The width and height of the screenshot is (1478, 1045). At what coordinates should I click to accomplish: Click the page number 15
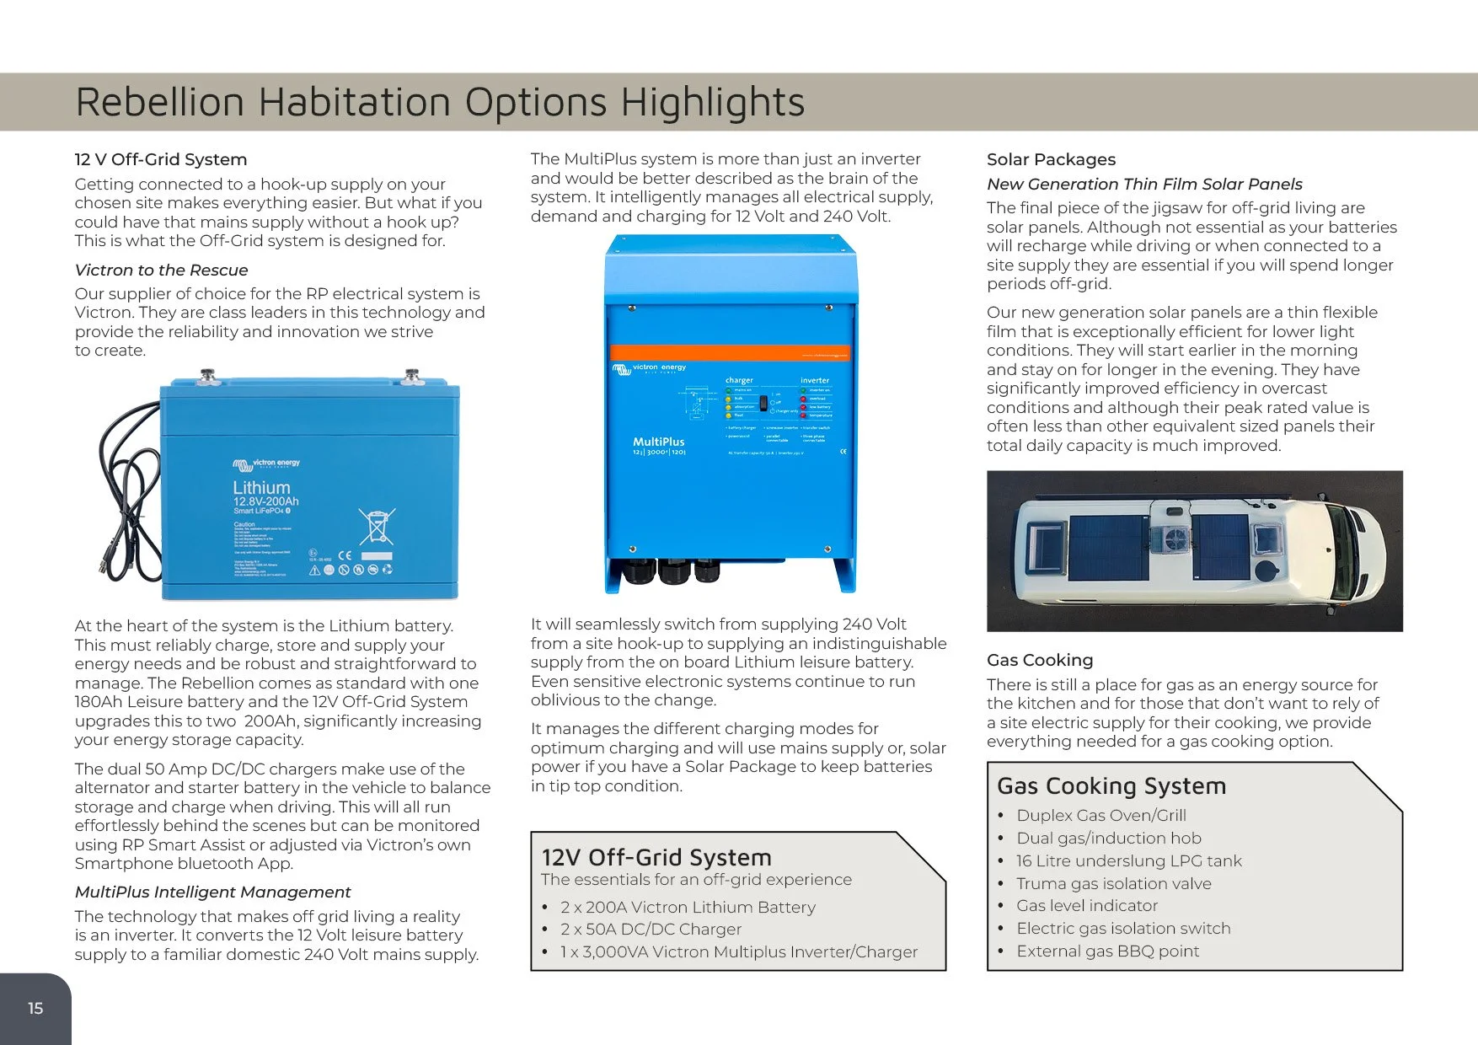click(x=35, y=1008)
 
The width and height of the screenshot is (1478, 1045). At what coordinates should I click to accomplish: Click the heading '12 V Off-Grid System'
click(x=161, y=159)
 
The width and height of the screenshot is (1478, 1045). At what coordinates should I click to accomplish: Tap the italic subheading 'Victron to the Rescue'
click(x=161, y=270)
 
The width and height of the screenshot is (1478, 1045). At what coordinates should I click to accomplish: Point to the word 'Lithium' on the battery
click(x=261, y=488)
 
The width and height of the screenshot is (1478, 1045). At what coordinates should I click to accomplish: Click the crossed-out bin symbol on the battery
click(x=376, y=527)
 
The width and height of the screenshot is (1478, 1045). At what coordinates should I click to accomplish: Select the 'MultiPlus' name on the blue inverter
click(x=658, y=442)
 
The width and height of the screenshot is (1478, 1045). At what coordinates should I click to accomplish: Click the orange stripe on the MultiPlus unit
click(x=730, y=352)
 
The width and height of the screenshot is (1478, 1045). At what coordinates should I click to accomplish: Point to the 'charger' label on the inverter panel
click(x=739, y=380)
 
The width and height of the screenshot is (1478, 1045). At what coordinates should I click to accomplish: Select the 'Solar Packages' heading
click(x=1051, y=159)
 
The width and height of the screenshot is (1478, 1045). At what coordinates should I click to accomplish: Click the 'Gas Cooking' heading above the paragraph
click(x=1040, y=660)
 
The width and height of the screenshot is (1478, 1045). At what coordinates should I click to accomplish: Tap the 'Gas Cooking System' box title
click(x=1111, y=786)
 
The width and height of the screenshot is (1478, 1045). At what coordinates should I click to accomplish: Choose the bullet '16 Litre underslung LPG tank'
click(x=1128, y=860)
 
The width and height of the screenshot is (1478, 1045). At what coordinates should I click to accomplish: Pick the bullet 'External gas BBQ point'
click(x=1107, y=951)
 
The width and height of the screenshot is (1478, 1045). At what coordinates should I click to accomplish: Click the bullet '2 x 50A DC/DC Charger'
click(x=651, y=929)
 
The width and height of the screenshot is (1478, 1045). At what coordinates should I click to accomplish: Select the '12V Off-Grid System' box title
click(x=656, y=858)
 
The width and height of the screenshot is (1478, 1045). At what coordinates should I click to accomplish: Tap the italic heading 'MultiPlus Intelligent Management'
click(x=212, y=892)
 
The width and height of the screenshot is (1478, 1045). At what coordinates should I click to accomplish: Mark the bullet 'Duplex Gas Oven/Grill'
click(x=1100, y=815)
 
